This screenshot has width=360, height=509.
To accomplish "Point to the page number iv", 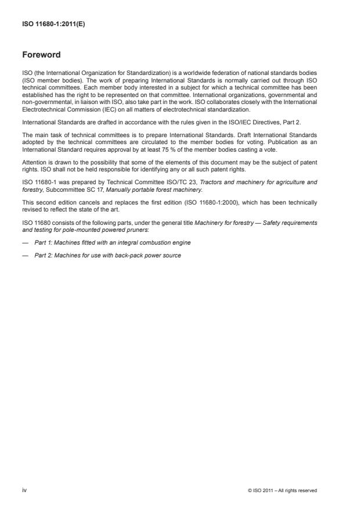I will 25,490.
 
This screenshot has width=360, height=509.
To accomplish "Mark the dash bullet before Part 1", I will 26,242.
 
